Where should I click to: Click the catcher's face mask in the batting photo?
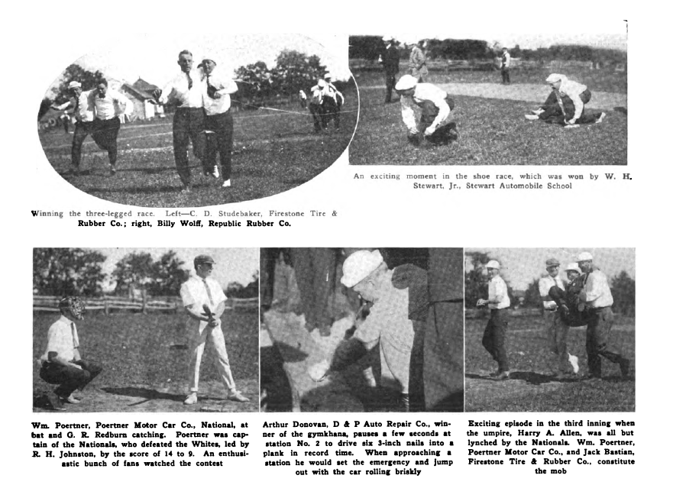click(x=72, y=307)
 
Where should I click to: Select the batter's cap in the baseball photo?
click(x=203, y=260)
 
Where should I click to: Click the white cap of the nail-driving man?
click(x=361, y=267)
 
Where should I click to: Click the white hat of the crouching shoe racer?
click(x=406, y=82)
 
